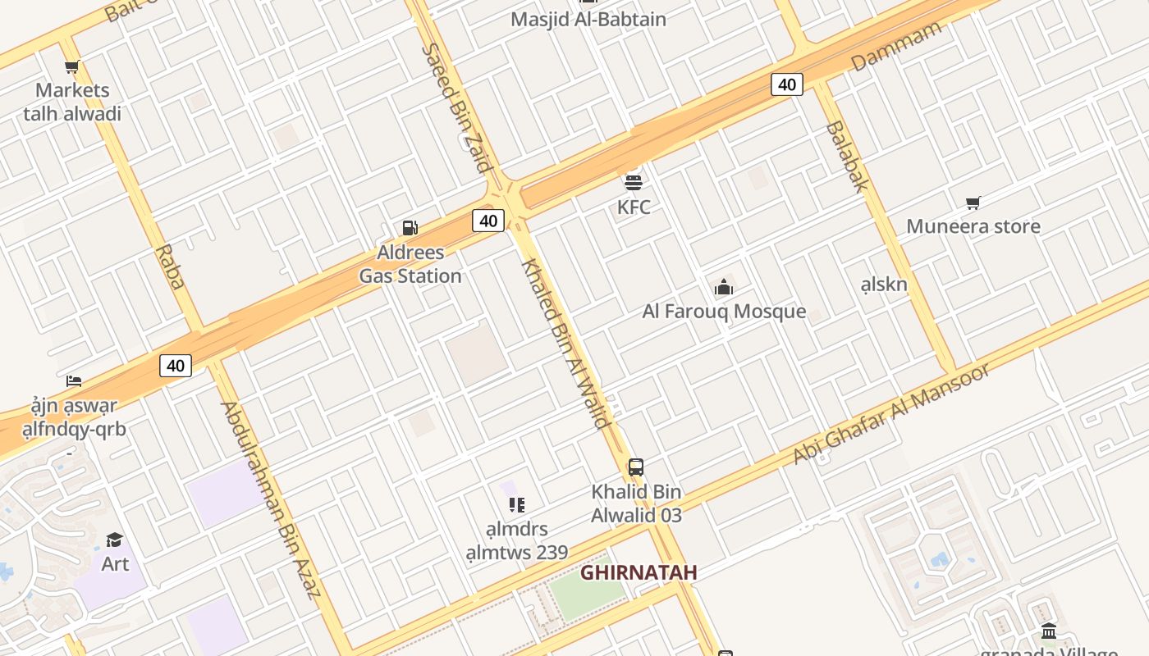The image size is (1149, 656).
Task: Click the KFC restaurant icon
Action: [633, 182]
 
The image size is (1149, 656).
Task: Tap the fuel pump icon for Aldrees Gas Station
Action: [410, 228]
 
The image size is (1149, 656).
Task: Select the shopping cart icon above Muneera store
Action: [973, 203]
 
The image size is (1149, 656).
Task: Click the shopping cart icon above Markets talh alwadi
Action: [72, 66]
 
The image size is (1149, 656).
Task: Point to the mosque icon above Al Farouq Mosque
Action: [723, 287]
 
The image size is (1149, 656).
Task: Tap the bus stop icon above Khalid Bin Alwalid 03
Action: [635, 467]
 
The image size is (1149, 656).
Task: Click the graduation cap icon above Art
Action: [115, 540]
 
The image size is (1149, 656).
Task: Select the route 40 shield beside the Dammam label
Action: [786, 84]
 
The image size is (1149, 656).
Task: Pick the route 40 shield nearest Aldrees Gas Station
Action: [488, 221]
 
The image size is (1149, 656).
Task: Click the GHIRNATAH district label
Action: [639, 572]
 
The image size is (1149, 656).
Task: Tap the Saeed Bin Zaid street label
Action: [456, 107]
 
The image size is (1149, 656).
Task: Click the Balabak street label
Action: [846, 156]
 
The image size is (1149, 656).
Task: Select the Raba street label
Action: [170, 266]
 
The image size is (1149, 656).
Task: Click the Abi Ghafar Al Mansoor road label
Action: [891, 415]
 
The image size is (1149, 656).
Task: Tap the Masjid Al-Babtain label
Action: [588, 19]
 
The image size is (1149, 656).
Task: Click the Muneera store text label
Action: [973, 226]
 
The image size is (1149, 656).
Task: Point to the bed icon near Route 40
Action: [74, 380]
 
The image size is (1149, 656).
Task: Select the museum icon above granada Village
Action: [1049, 631]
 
